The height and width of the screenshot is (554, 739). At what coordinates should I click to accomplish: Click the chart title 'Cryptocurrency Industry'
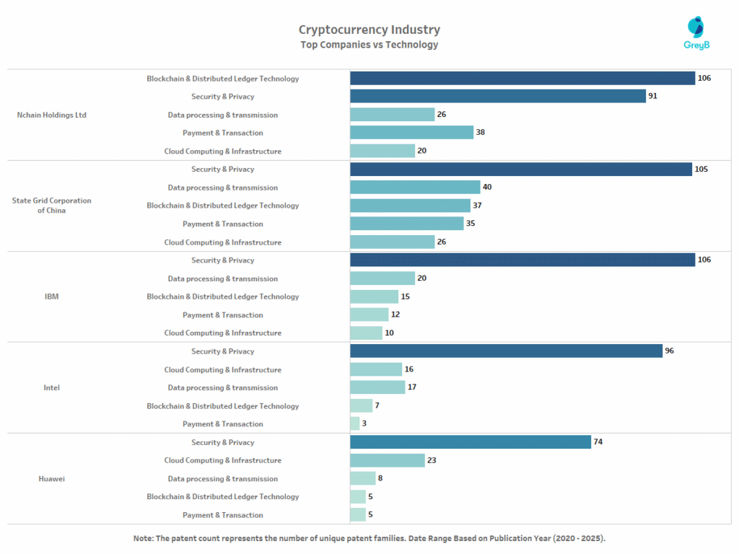(x=369, y=30)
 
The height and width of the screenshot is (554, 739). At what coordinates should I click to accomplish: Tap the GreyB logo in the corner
(x=696, y=33)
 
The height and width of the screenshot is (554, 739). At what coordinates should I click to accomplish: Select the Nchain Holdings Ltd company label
(x=51, y=115)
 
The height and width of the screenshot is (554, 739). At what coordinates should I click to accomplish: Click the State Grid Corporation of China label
(x=51, y=206)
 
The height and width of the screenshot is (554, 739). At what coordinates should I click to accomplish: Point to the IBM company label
(x=51, y=296)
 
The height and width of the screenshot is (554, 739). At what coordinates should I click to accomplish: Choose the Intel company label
(x=51, y=387)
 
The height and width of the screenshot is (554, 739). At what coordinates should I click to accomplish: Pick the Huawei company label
(x=51, y=478)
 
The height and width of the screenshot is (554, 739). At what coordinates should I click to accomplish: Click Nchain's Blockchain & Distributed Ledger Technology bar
(x=522, y=78)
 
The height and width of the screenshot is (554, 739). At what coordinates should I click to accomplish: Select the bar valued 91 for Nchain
(x=497, y=96)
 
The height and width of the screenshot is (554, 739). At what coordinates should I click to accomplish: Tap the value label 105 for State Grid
(x=701, y=170)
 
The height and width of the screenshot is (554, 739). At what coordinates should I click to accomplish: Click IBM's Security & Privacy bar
(x=522, y=260)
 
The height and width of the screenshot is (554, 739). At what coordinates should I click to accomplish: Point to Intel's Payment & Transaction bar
(x=354, y=423)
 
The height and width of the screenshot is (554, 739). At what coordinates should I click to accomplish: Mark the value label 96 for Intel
(x=669, y=351)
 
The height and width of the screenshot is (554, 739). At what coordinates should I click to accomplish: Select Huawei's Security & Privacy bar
(x=470, y=442)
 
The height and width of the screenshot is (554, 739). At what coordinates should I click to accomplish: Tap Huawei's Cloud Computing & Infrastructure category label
(x=222, y=460)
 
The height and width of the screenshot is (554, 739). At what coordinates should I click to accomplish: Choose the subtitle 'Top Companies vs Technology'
(x=369, y=45)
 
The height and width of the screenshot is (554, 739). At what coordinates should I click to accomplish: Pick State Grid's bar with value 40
(x=415, y=188)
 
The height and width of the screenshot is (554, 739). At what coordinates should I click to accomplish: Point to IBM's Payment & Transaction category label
(x=222, y=315)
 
